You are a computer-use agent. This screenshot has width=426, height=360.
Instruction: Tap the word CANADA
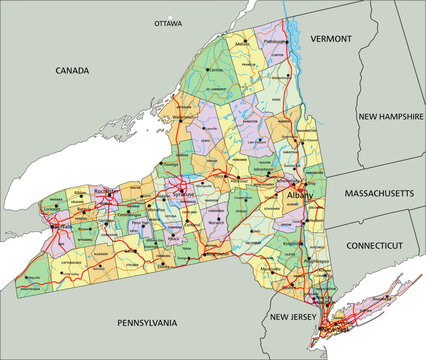click(72, 71)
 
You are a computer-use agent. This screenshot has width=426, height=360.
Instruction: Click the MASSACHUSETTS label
click(378, 191)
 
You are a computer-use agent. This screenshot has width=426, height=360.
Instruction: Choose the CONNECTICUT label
click(374, 245)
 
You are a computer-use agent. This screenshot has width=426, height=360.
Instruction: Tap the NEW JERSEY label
click(293, 317)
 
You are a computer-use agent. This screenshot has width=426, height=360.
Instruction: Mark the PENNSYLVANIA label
click(147, 323)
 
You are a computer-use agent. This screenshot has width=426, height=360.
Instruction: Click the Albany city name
click(299, 197)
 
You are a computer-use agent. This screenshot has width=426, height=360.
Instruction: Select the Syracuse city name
click(184, 192)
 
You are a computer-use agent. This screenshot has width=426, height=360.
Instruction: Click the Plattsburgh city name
click(275, 42)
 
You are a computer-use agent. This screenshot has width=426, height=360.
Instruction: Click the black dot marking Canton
click(208, 72)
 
